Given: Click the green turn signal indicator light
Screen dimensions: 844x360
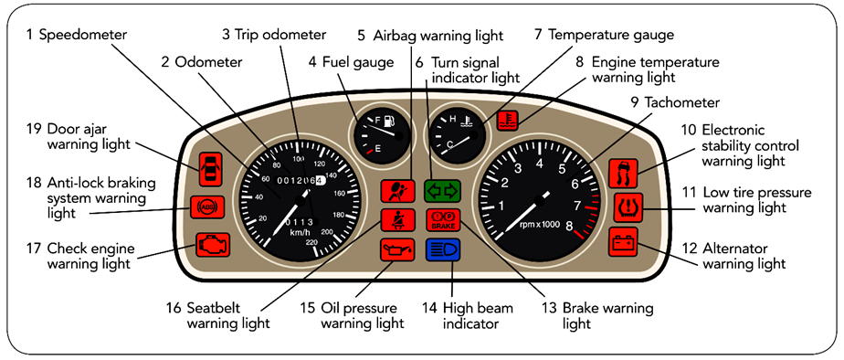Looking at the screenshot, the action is click(442, 190).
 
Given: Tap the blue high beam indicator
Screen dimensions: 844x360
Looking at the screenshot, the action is click(442, 250).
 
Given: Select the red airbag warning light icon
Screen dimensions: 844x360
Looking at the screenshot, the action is click(397, 190).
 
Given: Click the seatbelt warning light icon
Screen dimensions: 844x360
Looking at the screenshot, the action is click(397, 219).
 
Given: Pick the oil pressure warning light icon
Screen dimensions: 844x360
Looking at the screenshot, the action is click(397, 250).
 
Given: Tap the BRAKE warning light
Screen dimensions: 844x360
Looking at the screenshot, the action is click(443, 219).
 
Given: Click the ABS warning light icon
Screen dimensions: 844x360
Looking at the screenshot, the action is click(206, 206).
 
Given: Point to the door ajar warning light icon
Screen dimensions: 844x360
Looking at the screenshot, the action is click(210, 169).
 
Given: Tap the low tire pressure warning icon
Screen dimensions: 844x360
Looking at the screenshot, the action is click(628, 207).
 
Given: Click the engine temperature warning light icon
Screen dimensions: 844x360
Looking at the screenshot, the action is click(507, 121).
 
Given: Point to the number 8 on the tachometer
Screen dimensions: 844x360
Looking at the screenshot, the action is click(569, 226).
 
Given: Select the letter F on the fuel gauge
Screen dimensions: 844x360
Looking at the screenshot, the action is click(377, 119).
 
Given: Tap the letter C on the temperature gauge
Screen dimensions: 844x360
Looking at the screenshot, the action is click(451, 143).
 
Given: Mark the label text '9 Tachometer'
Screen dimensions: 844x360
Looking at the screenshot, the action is click(674, 102).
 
